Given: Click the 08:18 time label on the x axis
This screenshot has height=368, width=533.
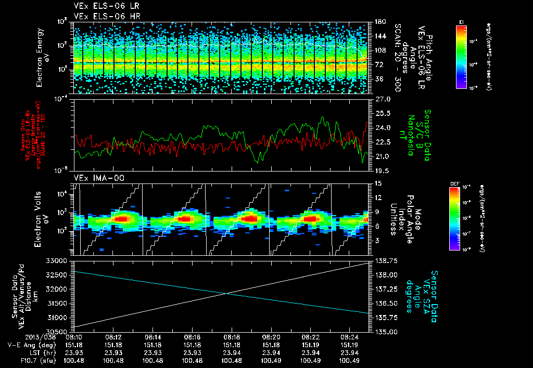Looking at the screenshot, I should pos(232,336).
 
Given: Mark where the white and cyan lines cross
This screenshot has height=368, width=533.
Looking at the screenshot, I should pos(227,294).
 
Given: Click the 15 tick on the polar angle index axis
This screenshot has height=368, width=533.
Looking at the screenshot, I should pos(378,183).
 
